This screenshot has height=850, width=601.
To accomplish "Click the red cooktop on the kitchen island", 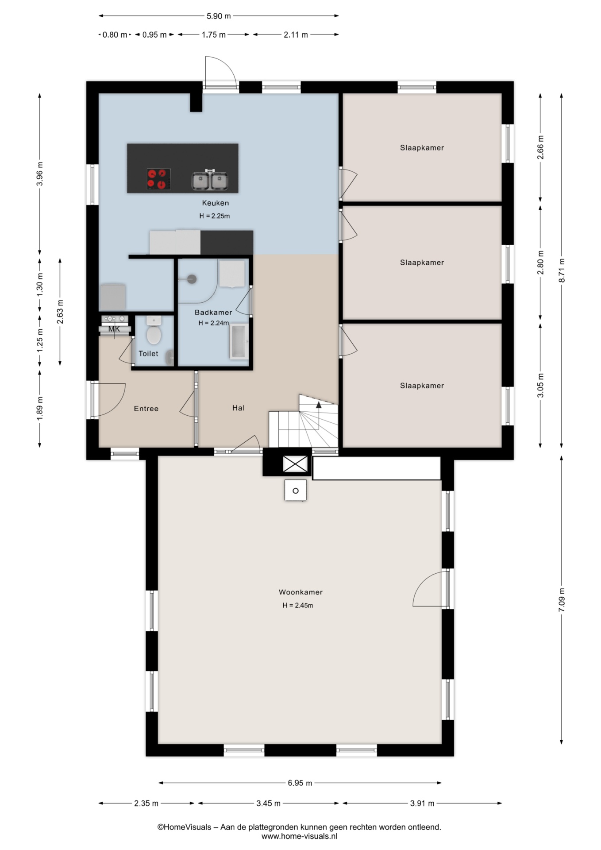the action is pyautogui.click(x=159, y=179).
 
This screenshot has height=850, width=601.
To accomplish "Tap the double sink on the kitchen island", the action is pyautogui.click(x=210, y=180).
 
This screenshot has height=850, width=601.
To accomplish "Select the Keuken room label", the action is pyautogui.click(x=216, y=203).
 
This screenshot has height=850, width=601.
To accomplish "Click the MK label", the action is pyautogui.click(x=114, y=329).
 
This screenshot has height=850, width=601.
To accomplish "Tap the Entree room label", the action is pyautogui.click(x=146, y=409).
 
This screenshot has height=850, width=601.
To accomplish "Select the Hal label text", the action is pyautogui.click(x=239, y=408).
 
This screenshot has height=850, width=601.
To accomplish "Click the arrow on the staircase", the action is pyautogui.click(x=319, y=405).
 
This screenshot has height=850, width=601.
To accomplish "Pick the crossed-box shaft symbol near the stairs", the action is pyautogui.click(x=295, y=464).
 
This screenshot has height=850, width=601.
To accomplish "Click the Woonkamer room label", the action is pyautogui.click(x=300, y=592).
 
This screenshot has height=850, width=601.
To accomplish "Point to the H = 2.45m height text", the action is pyautogui.click(x=298, y=606).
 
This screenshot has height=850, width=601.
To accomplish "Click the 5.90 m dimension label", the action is pyautogui.click(x=219, y=16).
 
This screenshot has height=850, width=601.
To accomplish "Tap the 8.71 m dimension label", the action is pyautogui.click(x=562, y=270).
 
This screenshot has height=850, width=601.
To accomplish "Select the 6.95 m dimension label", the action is pyautogui.click(x=300, y=783).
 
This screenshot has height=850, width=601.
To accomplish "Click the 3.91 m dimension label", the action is pyautogui.click(x=422, y=804).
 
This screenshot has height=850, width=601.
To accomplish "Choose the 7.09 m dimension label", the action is pyautogui.click(x=562, y=600).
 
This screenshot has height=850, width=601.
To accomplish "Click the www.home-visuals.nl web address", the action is pyautogui.click(x=300, y=836).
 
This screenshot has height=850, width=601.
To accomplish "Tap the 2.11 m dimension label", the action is pyautogui.click(x=296, y=35).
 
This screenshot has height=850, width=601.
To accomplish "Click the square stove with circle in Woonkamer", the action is pyautogui.click(x=296, y=491).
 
